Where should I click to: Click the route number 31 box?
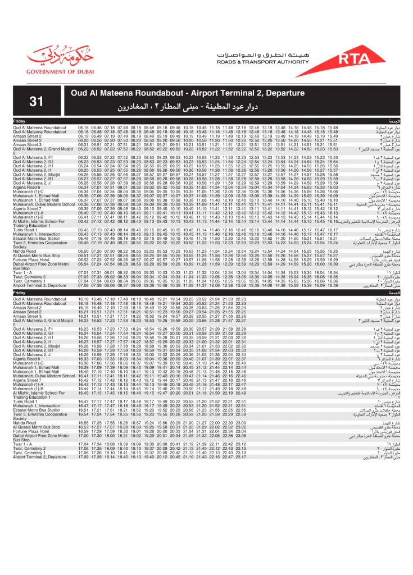pos(37,101)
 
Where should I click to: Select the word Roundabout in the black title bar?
pos(158,93)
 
